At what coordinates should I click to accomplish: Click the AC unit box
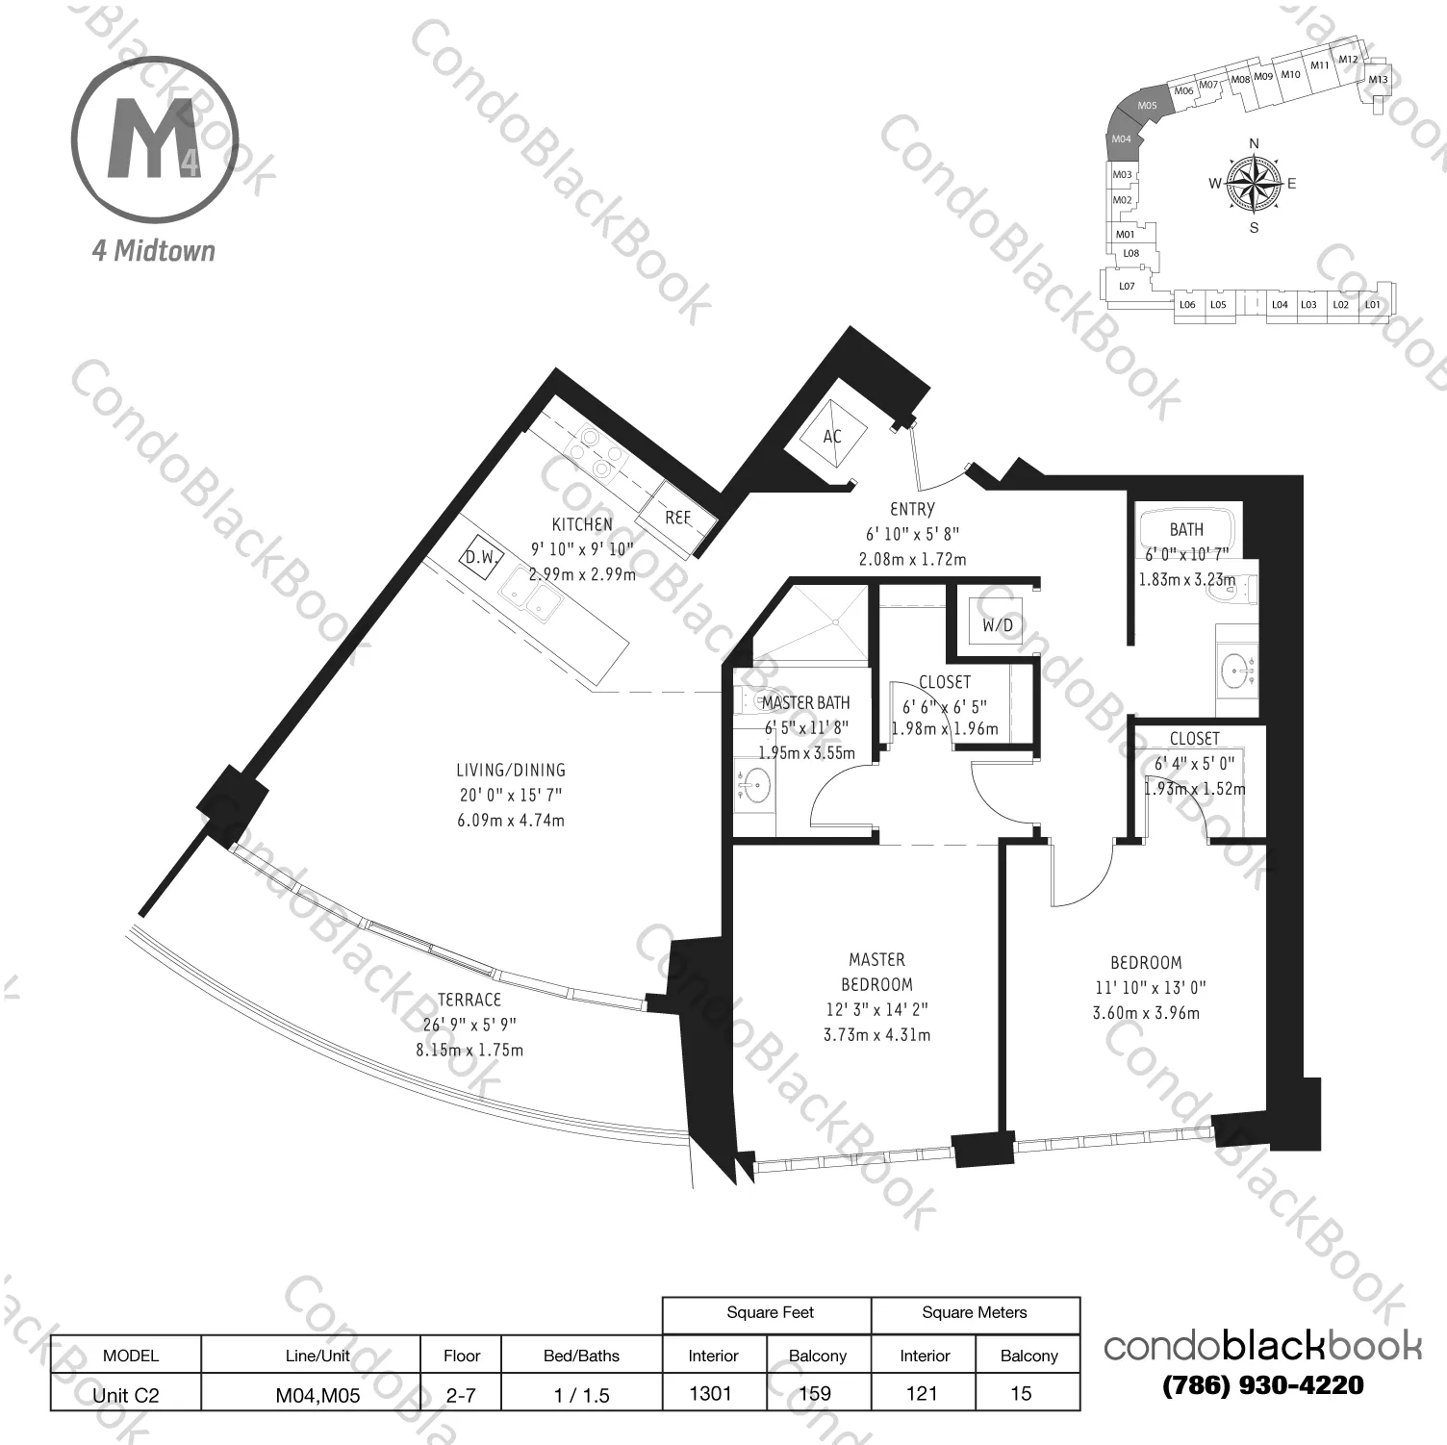tap(832, 436)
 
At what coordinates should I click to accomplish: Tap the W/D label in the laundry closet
tap(997, 625)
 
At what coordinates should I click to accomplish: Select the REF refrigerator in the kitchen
tap(678, 518)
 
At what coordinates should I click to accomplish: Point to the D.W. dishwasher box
tap(480, 557)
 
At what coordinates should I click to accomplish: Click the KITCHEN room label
tap(582, 524)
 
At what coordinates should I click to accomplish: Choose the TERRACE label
tap(470, 1000)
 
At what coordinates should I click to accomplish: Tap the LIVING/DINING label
tap(511, 770)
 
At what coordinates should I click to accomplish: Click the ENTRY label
tap(912, 509)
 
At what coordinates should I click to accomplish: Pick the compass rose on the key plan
tap(1254, 184)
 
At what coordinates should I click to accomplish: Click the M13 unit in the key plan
tap(1378, 80)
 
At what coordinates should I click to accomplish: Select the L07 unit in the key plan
tap(1127, 286)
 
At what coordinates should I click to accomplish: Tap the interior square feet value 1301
tap(711, 1392)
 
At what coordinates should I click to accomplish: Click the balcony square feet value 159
tap(816, 1392)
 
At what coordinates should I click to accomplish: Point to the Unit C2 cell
tap(126, 1395)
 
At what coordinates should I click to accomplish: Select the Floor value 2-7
tap(462, 1395)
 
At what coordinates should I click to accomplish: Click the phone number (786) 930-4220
tap(1262, 1385)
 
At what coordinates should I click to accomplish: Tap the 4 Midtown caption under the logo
tap(154, 251)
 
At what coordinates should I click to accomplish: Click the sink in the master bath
tap(754, 787)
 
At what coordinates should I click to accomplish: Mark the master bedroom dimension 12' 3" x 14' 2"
tap(876, 1010)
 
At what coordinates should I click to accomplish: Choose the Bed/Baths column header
tap(581, 1356)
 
